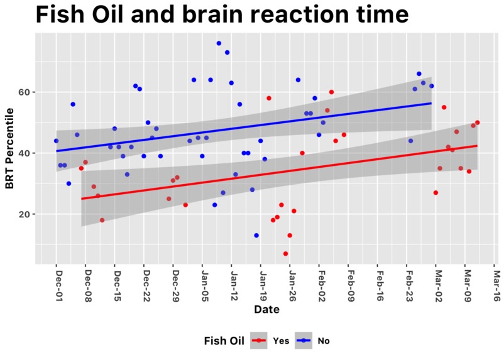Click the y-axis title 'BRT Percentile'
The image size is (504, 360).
(9, 148)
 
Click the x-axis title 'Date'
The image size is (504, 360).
(263, 310)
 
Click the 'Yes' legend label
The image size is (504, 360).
(281, 341)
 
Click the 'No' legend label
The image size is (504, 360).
(324, 341)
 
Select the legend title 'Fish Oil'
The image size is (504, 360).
(224, 341)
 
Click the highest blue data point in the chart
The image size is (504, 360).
(219, 43)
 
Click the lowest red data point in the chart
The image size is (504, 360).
(285, 254)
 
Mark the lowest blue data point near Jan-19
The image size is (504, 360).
(256, 236)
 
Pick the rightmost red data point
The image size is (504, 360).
(478, 123)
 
